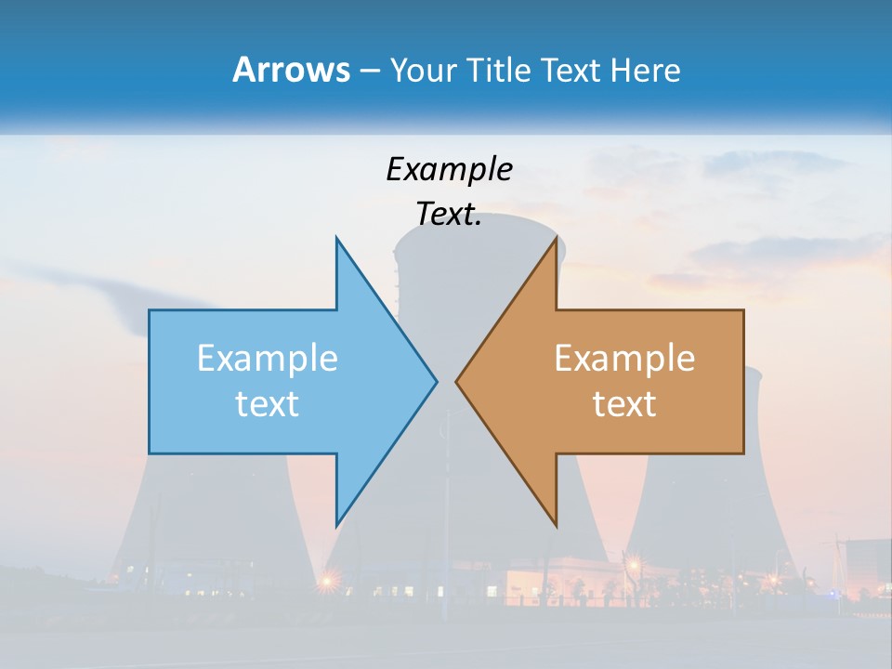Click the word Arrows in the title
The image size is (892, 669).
(290, 70)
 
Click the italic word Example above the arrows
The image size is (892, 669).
(449, 169)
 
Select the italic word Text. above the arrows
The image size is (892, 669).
(449, 215)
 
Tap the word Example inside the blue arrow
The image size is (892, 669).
(268, 358)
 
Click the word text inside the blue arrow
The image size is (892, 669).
(268, 404)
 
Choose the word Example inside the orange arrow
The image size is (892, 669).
(624, 358)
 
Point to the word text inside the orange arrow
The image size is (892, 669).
(624, 404)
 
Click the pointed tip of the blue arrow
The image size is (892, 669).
(436, 381)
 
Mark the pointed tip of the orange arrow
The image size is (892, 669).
(456, 381)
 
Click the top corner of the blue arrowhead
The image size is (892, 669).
(336, 238)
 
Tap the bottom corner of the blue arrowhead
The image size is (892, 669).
(336, 525)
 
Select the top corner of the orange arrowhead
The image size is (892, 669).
(556, 238)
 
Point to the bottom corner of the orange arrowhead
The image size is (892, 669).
(556, 525)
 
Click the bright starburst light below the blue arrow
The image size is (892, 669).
(328, 582)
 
